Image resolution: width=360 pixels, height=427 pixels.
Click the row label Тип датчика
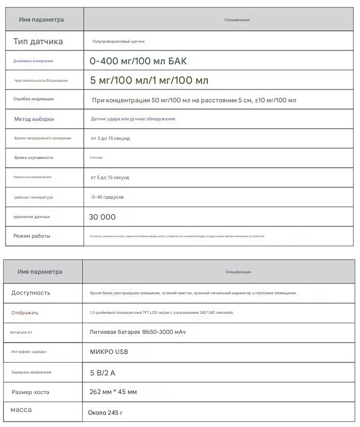click(38, 41)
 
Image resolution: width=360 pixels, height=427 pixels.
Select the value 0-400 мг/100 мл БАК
click(138, 61)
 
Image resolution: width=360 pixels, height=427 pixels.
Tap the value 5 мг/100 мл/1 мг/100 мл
click(149, 81)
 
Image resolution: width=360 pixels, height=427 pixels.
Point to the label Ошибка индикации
click(33, 99)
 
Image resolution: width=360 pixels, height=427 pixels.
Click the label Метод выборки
click(34, 119)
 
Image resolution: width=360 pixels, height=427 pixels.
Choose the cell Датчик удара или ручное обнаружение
click(133, 119)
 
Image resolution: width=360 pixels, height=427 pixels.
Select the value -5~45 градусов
click(106, 197)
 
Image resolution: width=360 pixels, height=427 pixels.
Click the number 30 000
click(102, 217)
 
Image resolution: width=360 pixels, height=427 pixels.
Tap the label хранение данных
click(32, 217)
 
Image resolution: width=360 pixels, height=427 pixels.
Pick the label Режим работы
click(32, 236)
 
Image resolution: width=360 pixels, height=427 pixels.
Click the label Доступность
click(31, 293)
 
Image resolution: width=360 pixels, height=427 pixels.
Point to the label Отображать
click(25, 313)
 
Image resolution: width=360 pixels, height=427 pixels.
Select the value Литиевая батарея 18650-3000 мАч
click(137, 332)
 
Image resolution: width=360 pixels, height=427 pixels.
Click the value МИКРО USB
click(109, 352)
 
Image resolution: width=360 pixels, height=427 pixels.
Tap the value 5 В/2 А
click(102, 372)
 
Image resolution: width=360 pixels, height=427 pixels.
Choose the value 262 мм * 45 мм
click(113, 392)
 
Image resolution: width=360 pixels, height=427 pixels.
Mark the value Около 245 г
click(105, 413)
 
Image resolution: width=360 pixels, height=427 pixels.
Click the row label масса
click(21, 410)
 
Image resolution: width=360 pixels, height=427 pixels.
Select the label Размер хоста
click(30, 392)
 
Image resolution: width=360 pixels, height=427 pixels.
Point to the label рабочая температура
click(33, 197)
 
